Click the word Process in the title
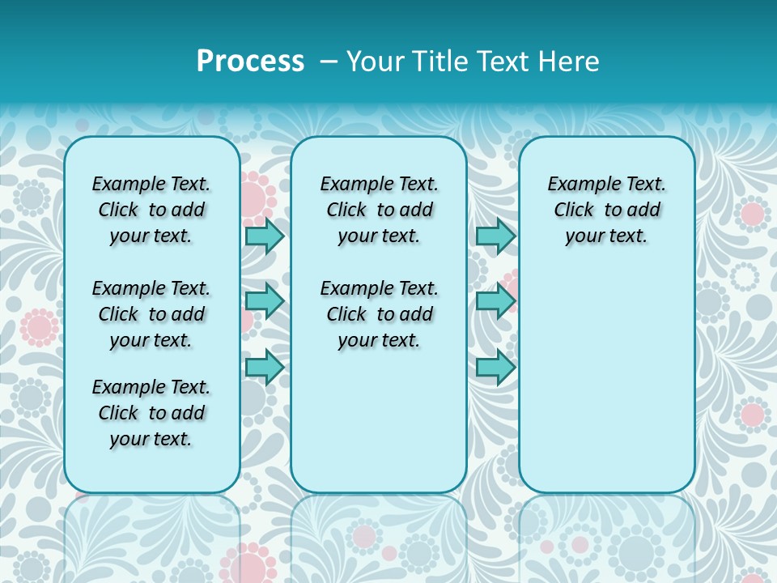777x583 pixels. point(250,61)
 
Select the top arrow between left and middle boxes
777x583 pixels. point(265,236)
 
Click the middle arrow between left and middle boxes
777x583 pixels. point(265,301)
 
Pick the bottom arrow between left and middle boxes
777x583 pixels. point(265,367)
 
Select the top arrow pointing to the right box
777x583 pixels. point(495,236)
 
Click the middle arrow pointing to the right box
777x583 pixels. point(495,301)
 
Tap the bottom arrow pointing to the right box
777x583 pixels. point(495,367)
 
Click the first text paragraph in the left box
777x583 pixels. point(151,210)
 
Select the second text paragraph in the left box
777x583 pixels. point(151,314)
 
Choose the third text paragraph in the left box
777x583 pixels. point(151,413)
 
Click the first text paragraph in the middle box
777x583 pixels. point(380,210)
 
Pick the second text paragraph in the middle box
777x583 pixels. point(380,314)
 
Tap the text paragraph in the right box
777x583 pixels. point(607,210)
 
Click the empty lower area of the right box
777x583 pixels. point(607,381)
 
